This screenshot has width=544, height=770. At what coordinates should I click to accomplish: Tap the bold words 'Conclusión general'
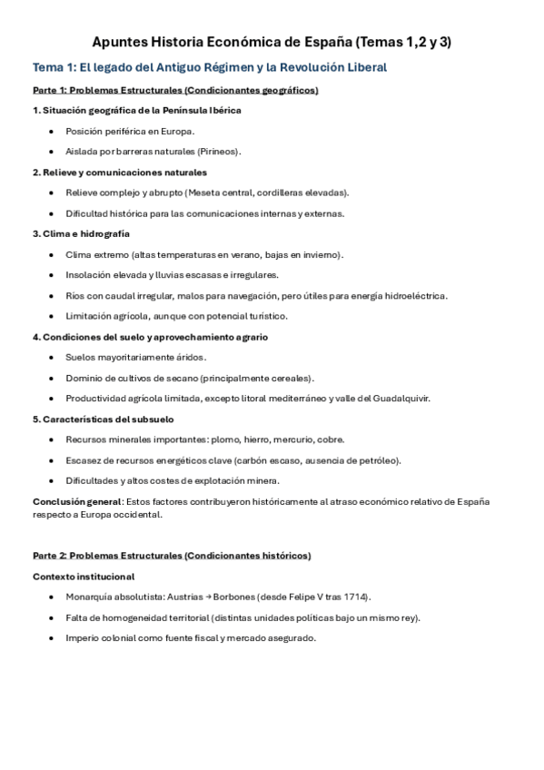pos(77,501)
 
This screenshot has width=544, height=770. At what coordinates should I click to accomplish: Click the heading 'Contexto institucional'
pos(84,576)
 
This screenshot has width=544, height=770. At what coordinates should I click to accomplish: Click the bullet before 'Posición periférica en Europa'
pos(52,131)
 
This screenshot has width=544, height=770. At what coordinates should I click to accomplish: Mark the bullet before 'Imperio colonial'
pos(52,637)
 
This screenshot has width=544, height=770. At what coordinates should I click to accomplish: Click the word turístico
pos(262,316)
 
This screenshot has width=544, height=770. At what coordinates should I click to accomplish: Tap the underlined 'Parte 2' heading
pos(171,555)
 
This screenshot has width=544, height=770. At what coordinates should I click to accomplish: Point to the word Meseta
pos(208,192)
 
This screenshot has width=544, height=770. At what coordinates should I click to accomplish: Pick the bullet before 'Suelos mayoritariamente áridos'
pos(52,357)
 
